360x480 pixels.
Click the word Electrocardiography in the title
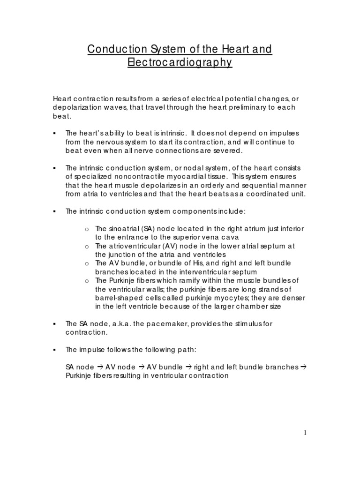click(180, 62)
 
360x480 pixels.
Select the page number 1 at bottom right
click(305, 433)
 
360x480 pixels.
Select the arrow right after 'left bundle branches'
click(302, 367)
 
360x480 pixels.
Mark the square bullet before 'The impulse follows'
click(55, 350)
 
